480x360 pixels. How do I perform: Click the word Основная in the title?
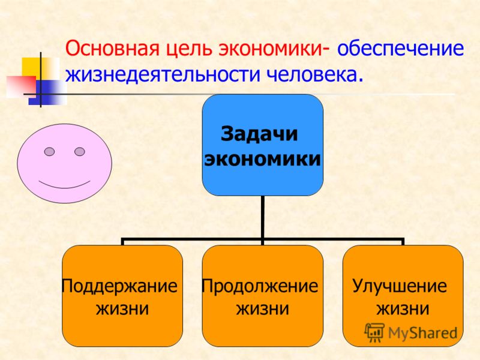112,49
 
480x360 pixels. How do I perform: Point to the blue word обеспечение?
401,49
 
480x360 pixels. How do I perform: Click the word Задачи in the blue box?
259,134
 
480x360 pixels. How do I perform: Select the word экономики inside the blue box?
263,159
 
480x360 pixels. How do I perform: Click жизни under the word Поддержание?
122,309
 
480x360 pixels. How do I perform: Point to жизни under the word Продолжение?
263,309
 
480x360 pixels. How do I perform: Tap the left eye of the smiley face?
50,152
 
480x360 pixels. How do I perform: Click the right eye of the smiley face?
80,152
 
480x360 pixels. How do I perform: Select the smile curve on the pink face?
64,187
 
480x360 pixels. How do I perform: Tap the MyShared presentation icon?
374,332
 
